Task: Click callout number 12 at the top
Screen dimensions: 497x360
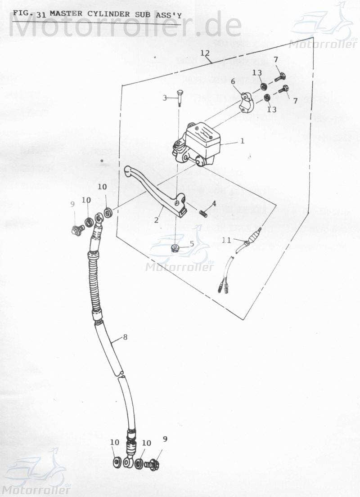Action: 205,53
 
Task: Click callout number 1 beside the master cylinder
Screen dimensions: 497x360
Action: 242,141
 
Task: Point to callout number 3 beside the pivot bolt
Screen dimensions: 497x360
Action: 165,98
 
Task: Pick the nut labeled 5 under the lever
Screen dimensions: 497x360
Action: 175,249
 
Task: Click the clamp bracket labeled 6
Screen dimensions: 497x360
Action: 246,102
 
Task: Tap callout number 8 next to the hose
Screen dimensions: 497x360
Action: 125,336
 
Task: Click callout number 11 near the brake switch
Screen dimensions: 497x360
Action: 226,240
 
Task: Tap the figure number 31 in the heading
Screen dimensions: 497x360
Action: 41,14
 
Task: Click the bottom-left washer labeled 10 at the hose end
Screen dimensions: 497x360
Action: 116,462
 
